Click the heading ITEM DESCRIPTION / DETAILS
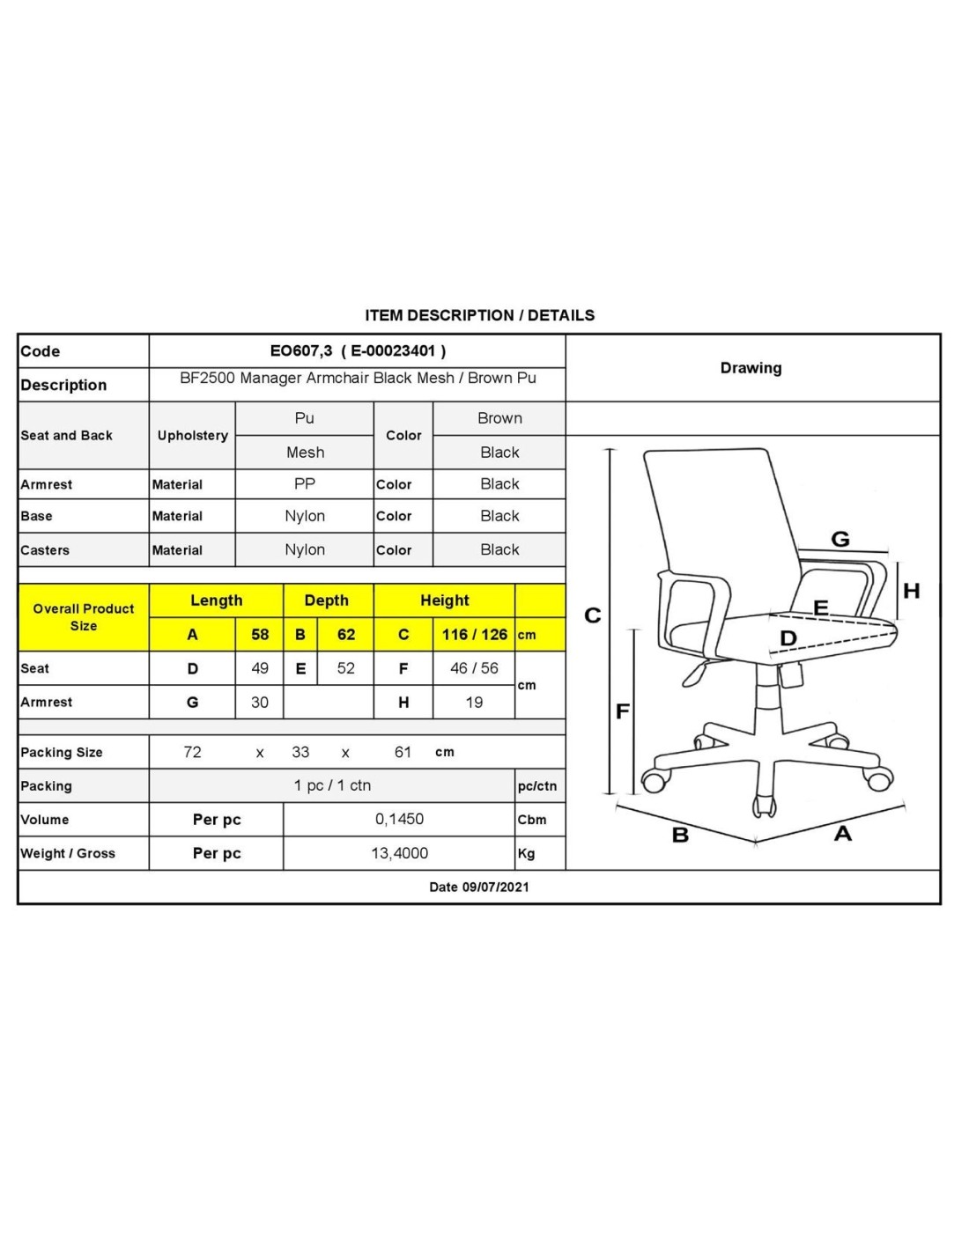coord(479,315)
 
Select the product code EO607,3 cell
coord(358,351)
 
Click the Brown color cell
coord(499,418)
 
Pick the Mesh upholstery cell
coord(305,453)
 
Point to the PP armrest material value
coord(305,484)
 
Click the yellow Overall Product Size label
coord(84,617)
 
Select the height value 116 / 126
coord(474,634)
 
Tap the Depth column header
coord(326,600)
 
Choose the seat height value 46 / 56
coord(474,667)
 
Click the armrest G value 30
coord(259,702)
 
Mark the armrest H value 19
coord(474,702)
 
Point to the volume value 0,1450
coord(399,819)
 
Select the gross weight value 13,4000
coord(399,853)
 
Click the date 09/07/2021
coord(495,887)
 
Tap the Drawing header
coord(751,368)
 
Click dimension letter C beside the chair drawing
coord(592,615)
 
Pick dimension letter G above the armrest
coord(840,540)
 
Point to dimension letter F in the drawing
coord(622,711)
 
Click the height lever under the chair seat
coord(695,674)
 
